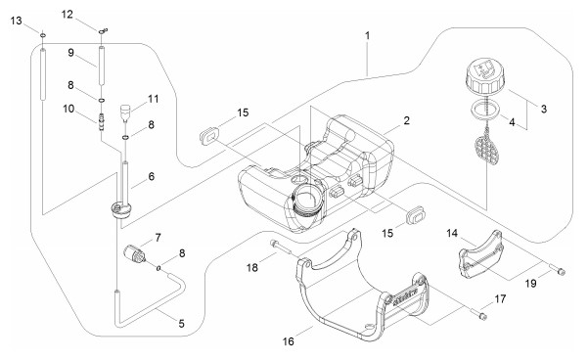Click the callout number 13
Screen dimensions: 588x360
tap(16, 21)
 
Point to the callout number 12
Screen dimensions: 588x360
tap(68, 15)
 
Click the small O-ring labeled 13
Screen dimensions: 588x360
tap(43, 35)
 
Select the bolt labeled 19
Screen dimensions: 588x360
tap(558, 270)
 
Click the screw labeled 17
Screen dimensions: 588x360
tap(477, 313)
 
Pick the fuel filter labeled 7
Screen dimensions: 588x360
tap(134, 253)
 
